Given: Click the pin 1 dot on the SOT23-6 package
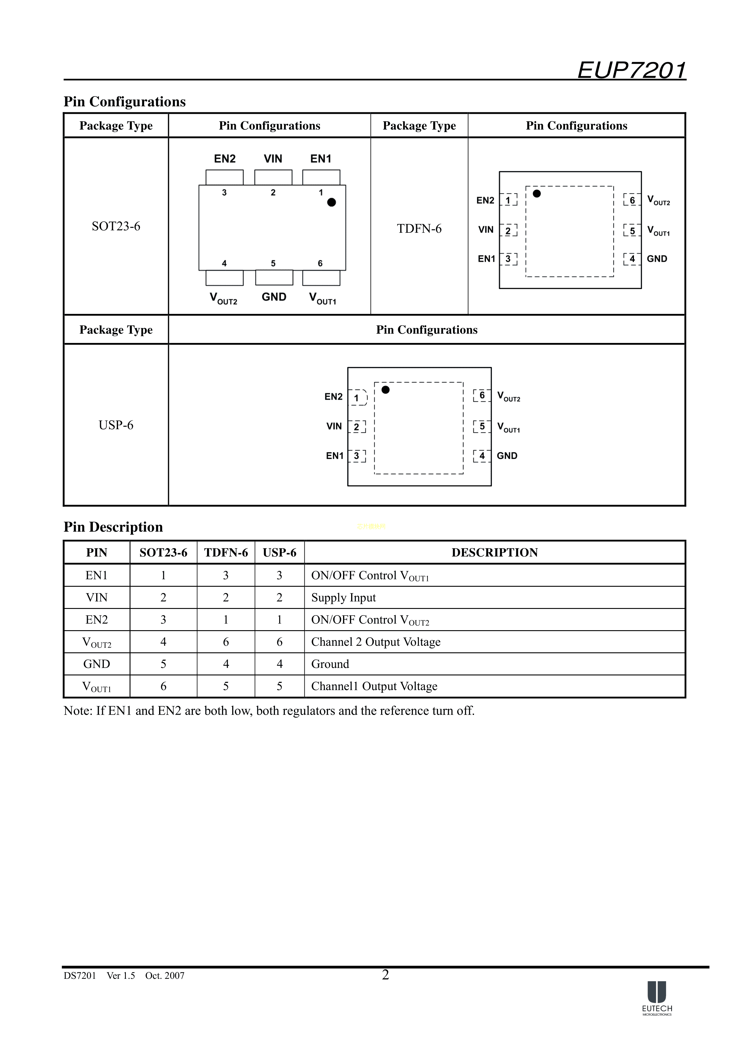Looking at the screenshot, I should [x=331, y=202].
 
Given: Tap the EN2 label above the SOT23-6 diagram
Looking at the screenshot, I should [x=225, y=159].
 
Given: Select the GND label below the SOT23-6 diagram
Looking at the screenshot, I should [x=274, y=297].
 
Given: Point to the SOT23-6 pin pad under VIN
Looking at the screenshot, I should [x=273, y=177].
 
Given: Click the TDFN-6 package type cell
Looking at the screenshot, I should [x=419, y=229].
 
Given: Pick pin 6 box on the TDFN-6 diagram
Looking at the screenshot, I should [x=632, y=200].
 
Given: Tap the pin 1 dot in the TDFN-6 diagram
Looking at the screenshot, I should [x=537, y=193].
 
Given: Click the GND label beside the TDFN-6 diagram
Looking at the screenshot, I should [x=657, y=259].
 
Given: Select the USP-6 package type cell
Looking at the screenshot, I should [x=116, y=425].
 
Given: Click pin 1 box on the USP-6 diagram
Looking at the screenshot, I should [x=357, y=398].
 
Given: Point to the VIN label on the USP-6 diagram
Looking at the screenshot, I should [x=334, y=427].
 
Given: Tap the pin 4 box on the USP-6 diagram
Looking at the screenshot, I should [x=481, y=456].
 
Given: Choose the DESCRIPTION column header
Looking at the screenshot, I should [x=494, y=553].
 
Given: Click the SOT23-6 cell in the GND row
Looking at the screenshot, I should [x=164, y=664].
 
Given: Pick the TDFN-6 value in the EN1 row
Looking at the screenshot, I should [x=226, y=575].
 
